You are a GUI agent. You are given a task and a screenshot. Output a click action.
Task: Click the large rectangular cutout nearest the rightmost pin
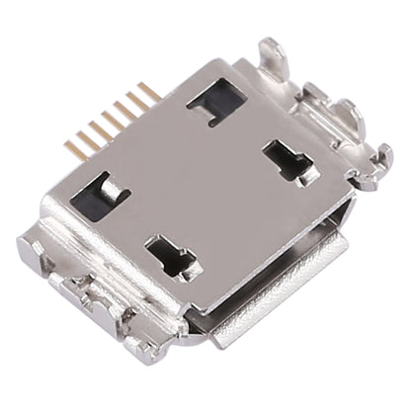[218, 98]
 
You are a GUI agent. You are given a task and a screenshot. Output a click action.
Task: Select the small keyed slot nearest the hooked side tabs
[288, 159]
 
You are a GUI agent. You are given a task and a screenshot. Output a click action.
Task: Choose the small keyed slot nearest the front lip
[173, 256]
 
